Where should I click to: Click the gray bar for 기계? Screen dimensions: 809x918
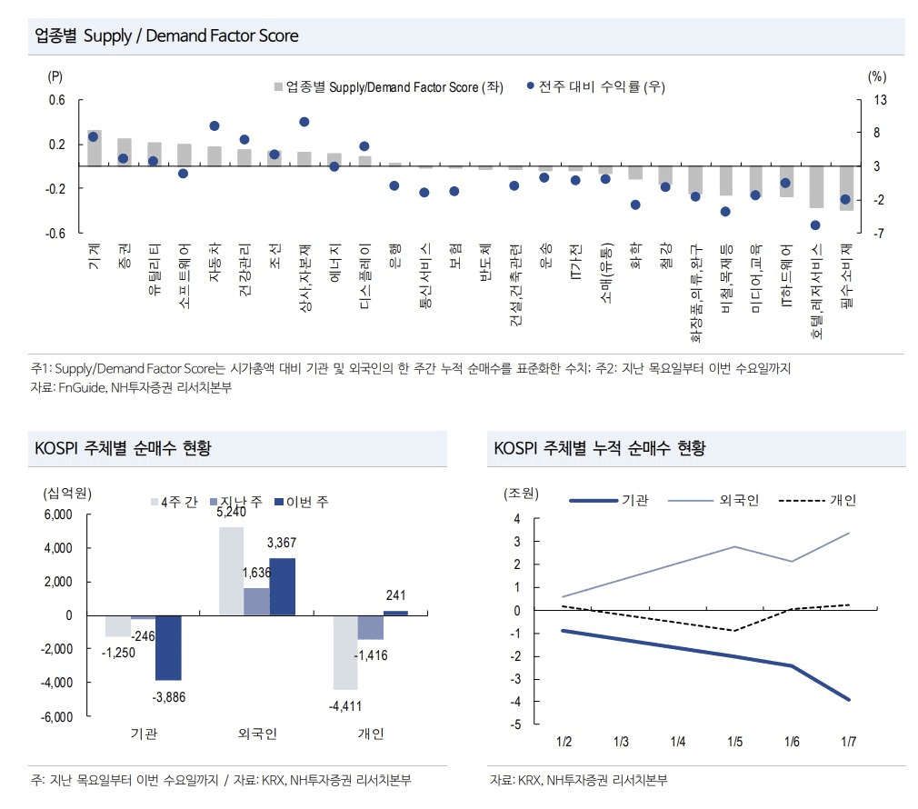coord(94,148)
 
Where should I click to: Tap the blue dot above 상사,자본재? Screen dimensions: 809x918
coord(304,122)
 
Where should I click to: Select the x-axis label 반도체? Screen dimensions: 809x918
coord(485,264)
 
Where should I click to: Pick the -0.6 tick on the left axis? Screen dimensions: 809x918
coord(56,234)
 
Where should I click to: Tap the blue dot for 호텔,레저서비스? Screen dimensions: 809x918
coord(815,225)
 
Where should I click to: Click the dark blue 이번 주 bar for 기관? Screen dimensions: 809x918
coord(168,647)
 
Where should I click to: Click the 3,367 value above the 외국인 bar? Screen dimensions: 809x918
coord(283,543)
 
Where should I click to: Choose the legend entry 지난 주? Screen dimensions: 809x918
coord(240,503)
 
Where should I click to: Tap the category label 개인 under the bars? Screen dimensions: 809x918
coord(371,734)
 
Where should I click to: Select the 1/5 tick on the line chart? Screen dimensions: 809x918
coord(734,743)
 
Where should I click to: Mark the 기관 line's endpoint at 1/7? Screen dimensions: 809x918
coord(848,699)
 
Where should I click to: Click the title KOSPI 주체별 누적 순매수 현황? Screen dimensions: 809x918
coord(599,448)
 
